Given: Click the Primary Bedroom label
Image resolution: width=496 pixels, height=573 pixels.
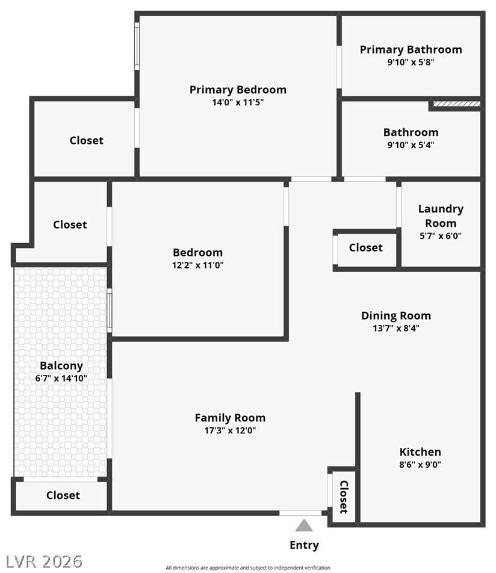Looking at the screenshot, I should click(238, 90).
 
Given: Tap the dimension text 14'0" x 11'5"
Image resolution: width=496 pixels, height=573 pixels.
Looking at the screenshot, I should click(238, 102).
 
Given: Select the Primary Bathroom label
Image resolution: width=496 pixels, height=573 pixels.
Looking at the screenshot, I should click(411, 49).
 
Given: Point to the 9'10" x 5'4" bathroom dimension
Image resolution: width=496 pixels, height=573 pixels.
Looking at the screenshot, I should click(411, 144).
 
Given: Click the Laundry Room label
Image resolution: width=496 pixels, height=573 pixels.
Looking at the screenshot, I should click(441, 215).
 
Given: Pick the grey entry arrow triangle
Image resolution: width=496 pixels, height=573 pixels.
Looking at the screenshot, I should click(304, 525).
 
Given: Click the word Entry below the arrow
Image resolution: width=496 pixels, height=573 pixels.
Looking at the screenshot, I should click(304, 545).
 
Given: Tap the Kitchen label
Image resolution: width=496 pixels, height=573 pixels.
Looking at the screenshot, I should click(420, 451).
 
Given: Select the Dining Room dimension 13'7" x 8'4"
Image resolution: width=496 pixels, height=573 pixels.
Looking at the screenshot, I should click(395, 328).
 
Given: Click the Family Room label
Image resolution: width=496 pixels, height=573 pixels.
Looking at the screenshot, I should click(230, 418).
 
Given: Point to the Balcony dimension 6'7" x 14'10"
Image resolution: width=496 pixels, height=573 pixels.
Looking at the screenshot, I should click(61, 378).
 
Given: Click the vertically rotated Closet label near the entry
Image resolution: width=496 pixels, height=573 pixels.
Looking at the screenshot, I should click(344, 497).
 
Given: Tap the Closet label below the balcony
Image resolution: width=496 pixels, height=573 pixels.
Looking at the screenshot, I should click(63, 495).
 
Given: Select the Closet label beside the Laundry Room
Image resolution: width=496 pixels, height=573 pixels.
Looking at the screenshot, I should click(365, 247).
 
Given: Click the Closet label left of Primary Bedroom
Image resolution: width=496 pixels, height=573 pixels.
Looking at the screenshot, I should click(86, 140).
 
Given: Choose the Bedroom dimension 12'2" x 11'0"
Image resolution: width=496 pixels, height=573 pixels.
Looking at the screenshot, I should click(197, 265).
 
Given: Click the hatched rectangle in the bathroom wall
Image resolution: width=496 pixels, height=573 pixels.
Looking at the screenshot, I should click(457, 104).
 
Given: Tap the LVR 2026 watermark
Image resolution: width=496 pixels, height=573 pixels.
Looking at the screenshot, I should click(42, 561).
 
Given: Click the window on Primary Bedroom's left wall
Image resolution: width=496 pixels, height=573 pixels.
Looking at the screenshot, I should click(137, 46).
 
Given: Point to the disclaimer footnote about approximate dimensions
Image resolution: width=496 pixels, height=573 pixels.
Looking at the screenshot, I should click(248, 568).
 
